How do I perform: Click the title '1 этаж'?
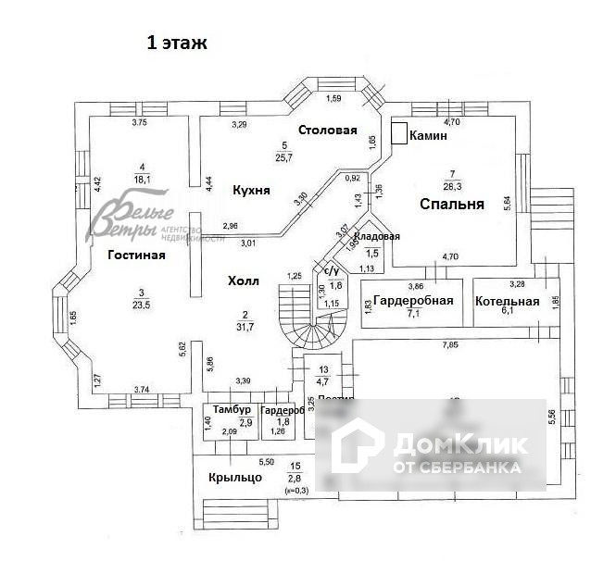pos(175,43)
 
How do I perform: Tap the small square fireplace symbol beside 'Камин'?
pos(399,133)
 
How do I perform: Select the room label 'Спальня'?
pos(451,205)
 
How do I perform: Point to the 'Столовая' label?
pos(327,130)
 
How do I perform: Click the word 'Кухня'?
pos(251,190)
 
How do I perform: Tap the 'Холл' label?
pos(243,280)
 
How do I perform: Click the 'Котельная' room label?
pos(507,302)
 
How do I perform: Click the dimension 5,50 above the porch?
pos(266,461)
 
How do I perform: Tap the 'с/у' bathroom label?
pos(329,270)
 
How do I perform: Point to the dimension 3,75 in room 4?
pos(140,122)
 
